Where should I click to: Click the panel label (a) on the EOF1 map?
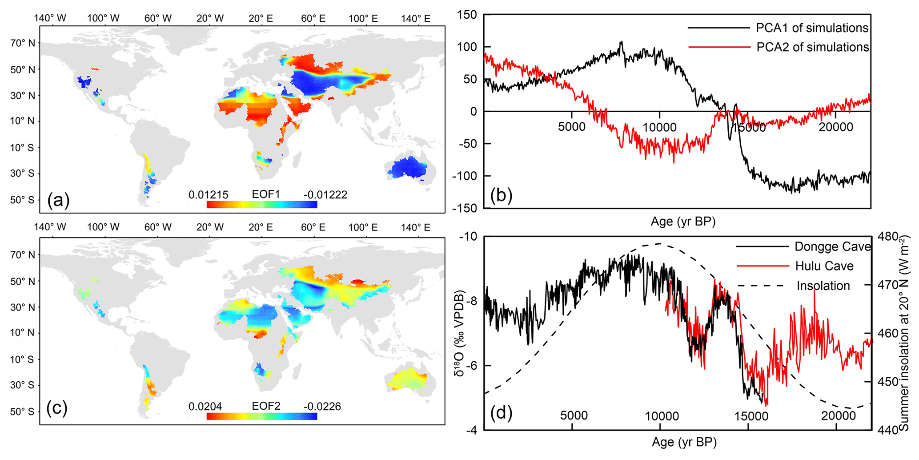coord(58,200)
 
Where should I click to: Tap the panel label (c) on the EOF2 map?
coord(57,408)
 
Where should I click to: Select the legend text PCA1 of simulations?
coord(812,28)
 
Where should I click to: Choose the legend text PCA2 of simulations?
coord(812,47)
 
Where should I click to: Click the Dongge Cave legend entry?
coord(832,246)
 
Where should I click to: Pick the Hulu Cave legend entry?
coord(824,266)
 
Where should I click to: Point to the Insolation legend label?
coord(823,286)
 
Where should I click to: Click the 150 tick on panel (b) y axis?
coord(467,15)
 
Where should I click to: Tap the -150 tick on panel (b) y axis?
coord(465,208)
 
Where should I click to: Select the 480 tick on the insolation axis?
coord(889,236)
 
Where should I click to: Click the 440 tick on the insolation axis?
coord(889,430)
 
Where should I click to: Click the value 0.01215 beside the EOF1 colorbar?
coord(208,195)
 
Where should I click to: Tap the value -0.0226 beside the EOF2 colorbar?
coord(322,407)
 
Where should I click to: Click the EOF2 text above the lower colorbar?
coord(266,406)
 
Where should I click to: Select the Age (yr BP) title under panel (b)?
coord(683,221)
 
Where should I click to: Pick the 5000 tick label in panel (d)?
coord(574,416)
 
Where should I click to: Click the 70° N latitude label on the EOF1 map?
coord(23,43)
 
